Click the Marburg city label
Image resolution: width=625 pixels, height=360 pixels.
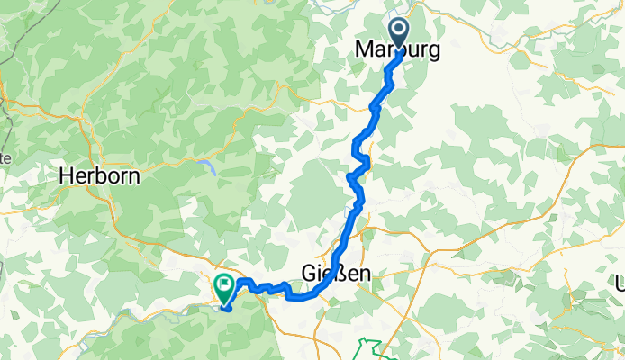coord(399,50)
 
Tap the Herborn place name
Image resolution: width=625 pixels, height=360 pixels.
coord(99,176)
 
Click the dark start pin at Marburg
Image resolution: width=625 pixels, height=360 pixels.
coord(398,33)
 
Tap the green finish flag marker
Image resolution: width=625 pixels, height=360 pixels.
coord(222,287)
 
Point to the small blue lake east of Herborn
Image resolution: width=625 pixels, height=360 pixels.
coord(209,165)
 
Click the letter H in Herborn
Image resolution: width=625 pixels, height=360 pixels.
coord(66,176)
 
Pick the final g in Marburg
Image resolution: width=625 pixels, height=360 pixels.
coord(434,52)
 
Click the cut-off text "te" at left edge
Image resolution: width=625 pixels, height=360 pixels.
coord(5,157)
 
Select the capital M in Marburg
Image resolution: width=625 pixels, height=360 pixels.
coord(367,50)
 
